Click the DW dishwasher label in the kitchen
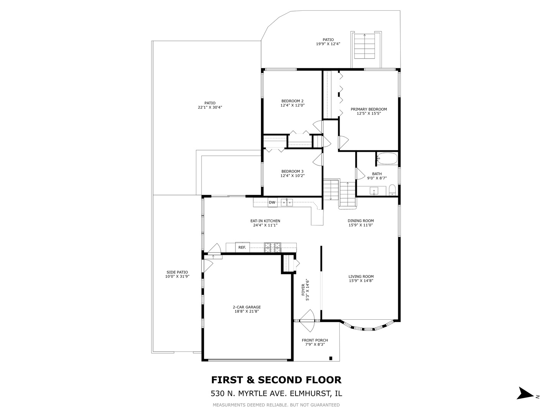click(272, 202)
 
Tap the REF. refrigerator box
click(242, 248)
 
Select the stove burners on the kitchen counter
click(273, 248)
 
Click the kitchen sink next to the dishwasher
click(287, 202)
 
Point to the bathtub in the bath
click(387, 159)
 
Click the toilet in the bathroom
click(392, 191)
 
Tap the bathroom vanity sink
click(374, 191)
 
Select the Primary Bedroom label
click(369, 109)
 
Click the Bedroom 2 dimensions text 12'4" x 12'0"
click(292, 105)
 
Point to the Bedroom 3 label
click(292, 171)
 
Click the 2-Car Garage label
click(247, 307)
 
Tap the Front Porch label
click(315, 340)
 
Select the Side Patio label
click(177, 272)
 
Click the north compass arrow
click(524, 394)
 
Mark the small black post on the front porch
click(330, 358)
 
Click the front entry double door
click(308, 321)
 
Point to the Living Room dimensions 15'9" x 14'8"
click(361, 281)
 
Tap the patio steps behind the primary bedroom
click(364, 46)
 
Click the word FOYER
click(303, 290)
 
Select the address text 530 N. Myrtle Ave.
click(249, 393)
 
